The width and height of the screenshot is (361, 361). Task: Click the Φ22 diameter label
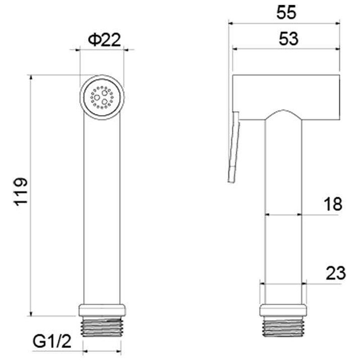pos(104,40)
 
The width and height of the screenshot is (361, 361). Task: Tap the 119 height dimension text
pos(21,191)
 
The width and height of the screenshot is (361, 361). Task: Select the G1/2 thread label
pos(52,341)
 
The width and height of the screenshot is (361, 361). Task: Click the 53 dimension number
pos(288,38)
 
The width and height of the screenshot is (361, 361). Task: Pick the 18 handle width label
pos(333,204)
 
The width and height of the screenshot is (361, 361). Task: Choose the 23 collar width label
pos(336,273)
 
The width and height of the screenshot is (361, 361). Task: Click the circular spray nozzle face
pos(102,97)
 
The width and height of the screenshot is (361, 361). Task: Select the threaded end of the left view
pos(102,326)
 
